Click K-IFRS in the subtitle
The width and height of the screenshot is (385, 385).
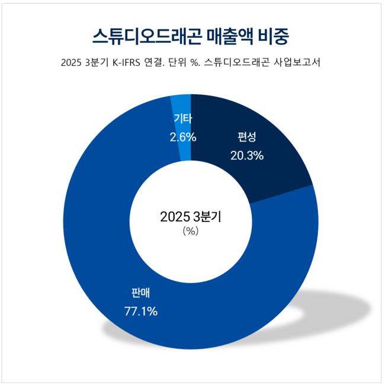click(130, 63)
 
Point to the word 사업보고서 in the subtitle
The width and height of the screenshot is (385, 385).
click(297, 63)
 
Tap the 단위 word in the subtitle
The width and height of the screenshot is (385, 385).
click(193, 63)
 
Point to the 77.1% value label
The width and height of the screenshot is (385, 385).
click(140, 310)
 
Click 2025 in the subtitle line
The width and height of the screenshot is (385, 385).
click(72, 63)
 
